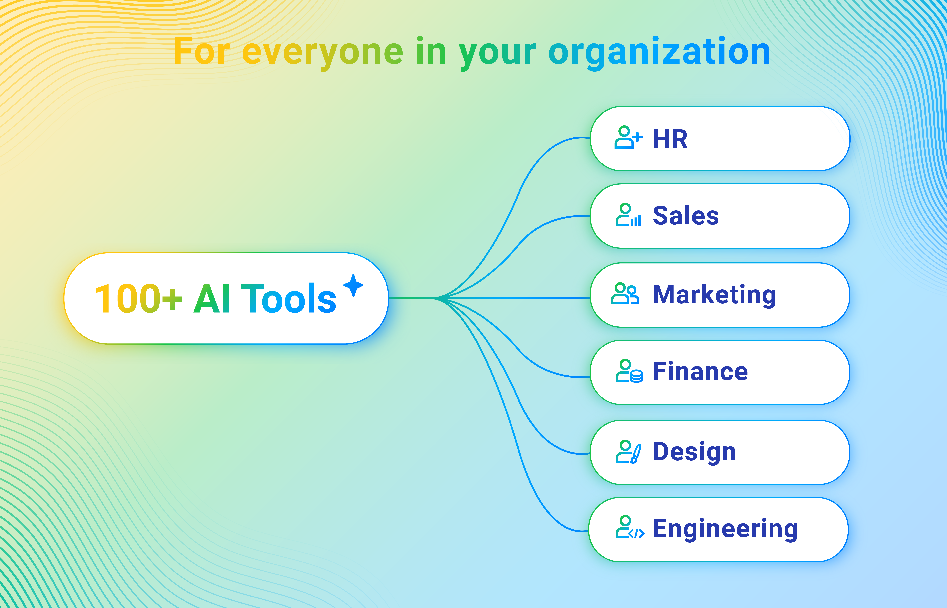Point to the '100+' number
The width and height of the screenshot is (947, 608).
coord(138,299)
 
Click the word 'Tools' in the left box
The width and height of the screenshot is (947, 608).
coord(288,299)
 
